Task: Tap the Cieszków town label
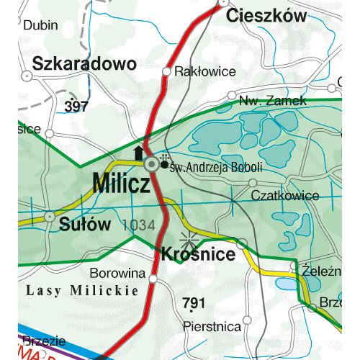click(266, 16)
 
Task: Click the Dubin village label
click(41, 25)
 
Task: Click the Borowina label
click(117, 274)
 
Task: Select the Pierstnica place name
click(212, 326)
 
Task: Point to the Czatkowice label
click(284, 195)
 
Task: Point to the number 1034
click(139, 225)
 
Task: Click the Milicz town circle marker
click(151, 165)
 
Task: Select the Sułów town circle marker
click(50, 215)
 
